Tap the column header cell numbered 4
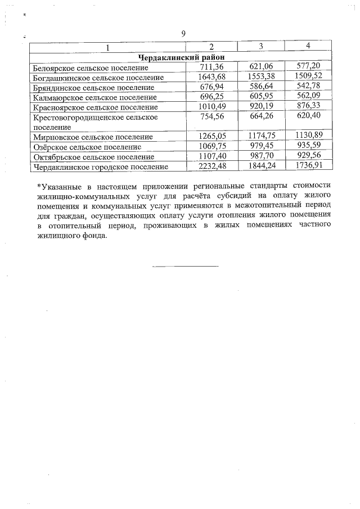click(x=308, y=46)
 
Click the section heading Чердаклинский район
click(x=180, y=57)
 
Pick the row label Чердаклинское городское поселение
click(x=101, y=167)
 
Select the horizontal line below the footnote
click(x=184, y=266)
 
